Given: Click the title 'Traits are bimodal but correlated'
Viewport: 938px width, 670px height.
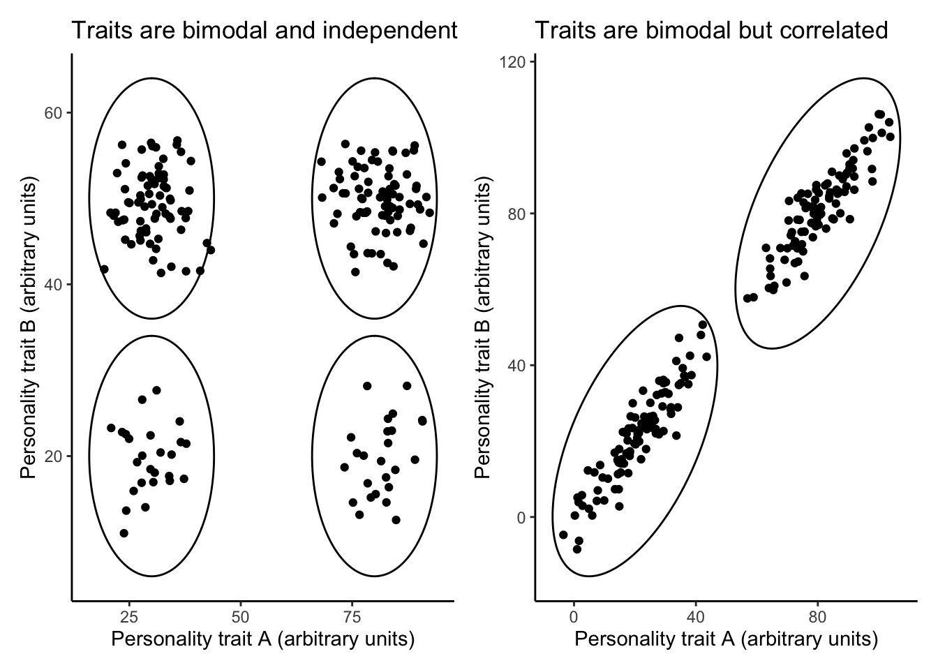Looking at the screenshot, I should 711,31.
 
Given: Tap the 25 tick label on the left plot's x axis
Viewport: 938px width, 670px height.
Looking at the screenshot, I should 128,616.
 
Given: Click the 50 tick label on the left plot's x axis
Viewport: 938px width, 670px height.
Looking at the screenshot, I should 241,616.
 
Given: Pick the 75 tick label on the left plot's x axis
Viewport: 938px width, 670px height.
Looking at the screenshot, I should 353,616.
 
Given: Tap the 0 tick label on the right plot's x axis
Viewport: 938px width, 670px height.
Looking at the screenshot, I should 574,616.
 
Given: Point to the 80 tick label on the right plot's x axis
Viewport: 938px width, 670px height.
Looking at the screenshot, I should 817,616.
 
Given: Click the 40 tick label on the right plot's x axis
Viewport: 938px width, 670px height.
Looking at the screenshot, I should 695,616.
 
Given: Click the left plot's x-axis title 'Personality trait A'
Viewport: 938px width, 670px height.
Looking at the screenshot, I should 263,639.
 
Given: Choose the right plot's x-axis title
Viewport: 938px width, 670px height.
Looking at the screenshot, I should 726,639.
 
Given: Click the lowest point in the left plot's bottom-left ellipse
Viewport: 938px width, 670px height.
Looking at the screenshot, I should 124,533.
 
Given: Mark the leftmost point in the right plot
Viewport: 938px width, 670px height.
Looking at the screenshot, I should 563,535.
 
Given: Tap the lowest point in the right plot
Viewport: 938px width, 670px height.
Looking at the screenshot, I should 576,549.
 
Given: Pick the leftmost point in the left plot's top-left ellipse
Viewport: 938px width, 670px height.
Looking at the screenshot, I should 104,269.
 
